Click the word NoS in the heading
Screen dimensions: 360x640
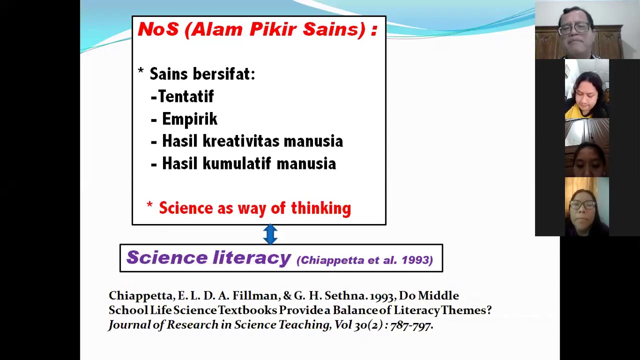click(x=158, y=29)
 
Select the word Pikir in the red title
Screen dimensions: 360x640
click(x=273, y=29)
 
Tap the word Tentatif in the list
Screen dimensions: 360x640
click(x=185, y=96)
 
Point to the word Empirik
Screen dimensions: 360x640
click(x=189, y=119)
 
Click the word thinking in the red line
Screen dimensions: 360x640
click(x=321, y=208)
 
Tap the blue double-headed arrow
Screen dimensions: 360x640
click(x=270, y=234)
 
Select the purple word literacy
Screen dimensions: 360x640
click(x=251, y=258)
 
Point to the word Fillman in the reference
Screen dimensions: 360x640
click(x=255, y=295)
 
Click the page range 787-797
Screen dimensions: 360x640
click(x=411, y=325)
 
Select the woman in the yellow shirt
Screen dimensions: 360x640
click(x=586, y=90)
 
